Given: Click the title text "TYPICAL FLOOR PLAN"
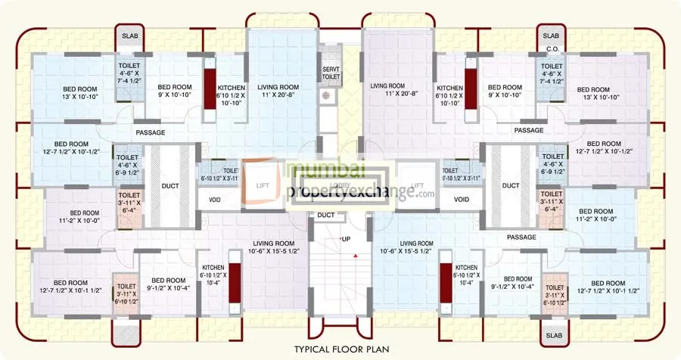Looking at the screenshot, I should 340,350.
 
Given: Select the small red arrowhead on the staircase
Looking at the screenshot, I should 352,256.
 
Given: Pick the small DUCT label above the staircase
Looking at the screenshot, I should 326,215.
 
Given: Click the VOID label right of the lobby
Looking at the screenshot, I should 462,200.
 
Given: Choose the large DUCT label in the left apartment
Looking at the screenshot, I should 169,185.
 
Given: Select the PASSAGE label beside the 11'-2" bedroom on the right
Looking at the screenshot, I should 521,237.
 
